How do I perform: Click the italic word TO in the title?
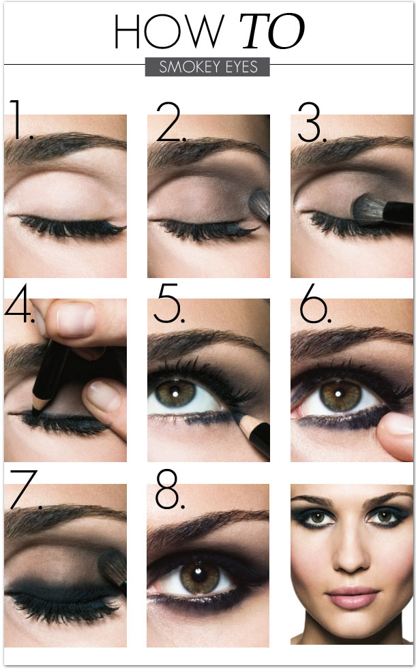tap(272, 31)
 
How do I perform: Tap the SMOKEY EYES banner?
tap(207, 67)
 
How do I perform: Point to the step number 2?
tap(171, 122)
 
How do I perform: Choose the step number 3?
tap(312, 122)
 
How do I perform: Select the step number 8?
tap(170, 489)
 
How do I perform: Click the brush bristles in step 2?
tap(260, 204)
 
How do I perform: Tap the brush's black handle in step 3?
tap(398, 213)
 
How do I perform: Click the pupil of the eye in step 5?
tap(176, 393)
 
